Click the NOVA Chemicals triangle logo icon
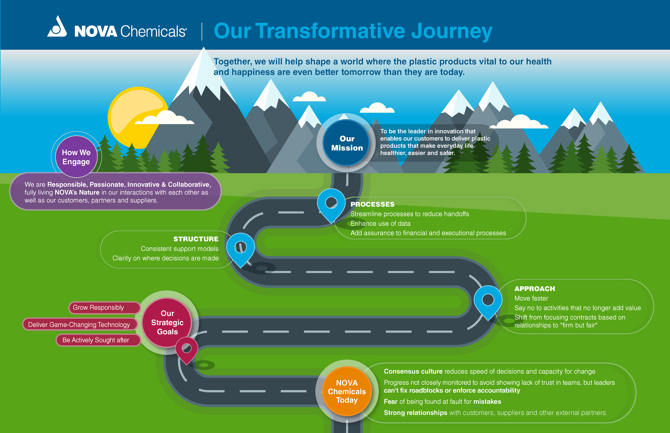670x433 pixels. [x=57, y=27]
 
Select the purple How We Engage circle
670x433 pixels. [x=76, y=157]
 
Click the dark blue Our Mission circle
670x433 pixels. [x=347, y=143]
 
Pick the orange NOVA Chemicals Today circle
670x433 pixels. [x=347, y=391]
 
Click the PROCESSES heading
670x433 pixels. [x=372, y=204]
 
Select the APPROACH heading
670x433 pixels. [x=535, y=289]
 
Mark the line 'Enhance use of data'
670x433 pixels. [x=380, y=224]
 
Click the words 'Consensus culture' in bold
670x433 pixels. [x=413, y=371]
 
